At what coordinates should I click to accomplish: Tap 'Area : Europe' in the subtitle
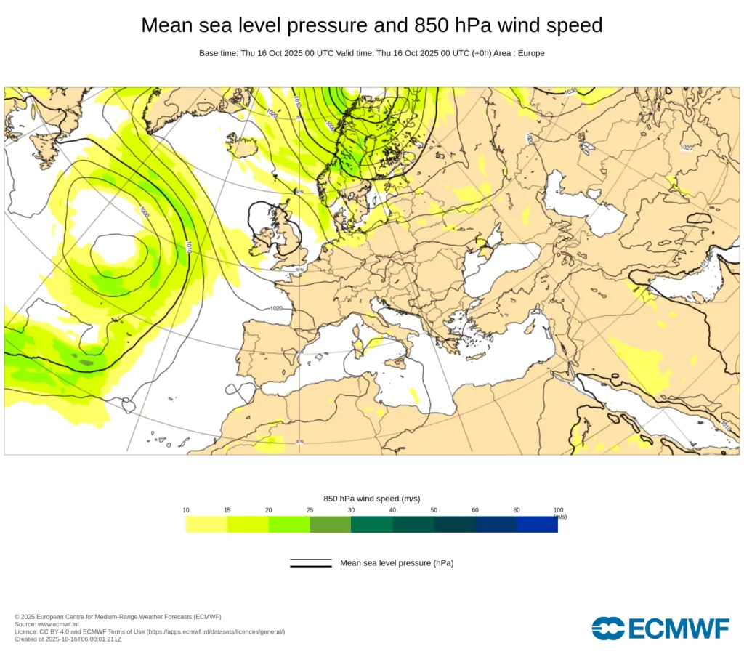point(519,53)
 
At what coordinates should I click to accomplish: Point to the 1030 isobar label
point(570,91)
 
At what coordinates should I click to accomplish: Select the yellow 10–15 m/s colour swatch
point(206,524)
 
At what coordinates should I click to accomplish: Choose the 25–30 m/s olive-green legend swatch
point(330,524)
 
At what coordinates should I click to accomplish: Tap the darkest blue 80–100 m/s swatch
point(537,524)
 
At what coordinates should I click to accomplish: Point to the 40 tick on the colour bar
point(392,510)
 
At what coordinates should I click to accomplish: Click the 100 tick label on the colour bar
point(558,510)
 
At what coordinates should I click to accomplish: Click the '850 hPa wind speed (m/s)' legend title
point(371,499)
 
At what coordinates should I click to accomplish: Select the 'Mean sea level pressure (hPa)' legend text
point(397,563)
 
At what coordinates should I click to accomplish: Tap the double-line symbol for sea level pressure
point(311,563)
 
